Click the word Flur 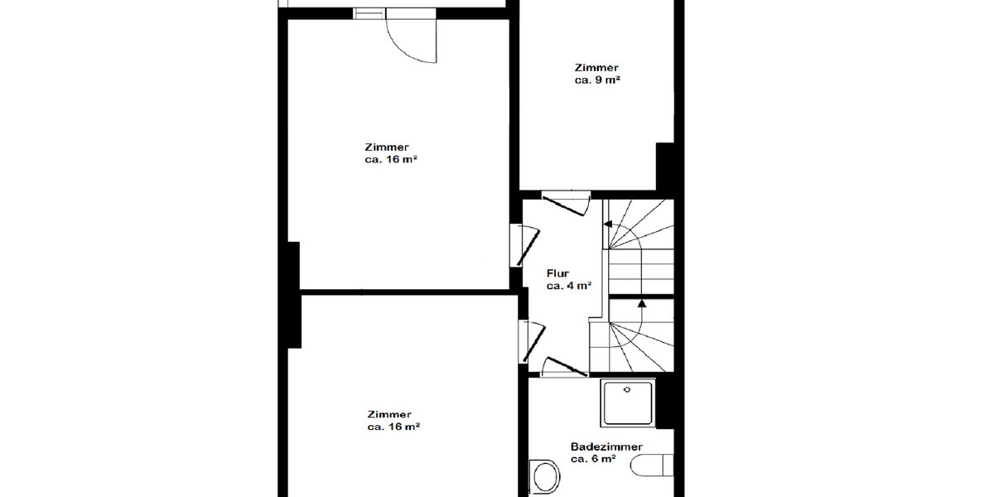point(557,273)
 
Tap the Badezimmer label point(606,446)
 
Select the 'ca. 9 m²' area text point(597,80)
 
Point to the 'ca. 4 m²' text point(568,286)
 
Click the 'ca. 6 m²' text point(593,459)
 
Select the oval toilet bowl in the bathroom point(544,477)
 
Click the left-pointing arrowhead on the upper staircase point(607,224)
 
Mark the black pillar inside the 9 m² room point(665,167)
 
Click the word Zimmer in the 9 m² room point(596,68)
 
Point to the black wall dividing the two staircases point(641,297)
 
